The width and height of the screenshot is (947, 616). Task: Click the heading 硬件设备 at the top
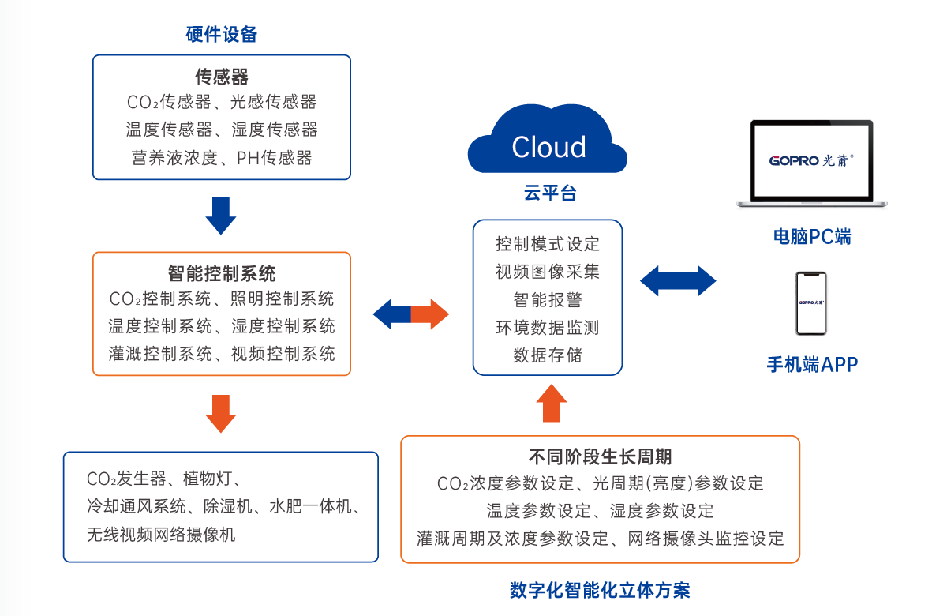(x=222, y=34)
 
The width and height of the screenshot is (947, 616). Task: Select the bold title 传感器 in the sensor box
(x=222, y=77)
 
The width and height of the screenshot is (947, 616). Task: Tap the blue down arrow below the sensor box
(x=221, y=214)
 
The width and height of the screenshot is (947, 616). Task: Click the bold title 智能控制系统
(x=222, y=274)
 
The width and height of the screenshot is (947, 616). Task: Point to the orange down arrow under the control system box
(x=221, y=412)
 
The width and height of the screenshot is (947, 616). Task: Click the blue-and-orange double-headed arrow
(x=410, y=314)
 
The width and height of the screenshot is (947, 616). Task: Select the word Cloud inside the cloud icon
(x=548, y=148)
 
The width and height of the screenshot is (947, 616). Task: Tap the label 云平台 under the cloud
(x=549, y=193)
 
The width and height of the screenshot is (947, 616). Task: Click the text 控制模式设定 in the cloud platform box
(x=548, y=243)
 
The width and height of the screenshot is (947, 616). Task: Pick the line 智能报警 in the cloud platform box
(x=548, y=299)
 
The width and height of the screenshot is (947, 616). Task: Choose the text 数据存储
(x=548, y=355)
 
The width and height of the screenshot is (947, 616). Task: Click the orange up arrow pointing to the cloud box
(x=551, y=404)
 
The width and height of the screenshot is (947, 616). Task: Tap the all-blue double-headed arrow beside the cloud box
(x=678, y=280)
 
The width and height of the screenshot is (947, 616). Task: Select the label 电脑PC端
(x=812, y=237)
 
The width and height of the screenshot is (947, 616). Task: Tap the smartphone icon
(x=811, y=303)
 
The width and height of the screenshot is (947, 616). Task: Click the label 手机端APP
(x=812, y=364)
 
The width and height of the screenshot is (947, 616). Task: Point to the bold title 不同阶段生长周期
(x=600, y=457)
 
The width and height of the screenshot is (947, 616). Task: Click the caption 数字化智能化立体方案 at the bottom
(x=600, y=590)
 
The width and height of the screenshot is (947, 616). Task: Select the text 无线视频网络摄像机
(x=161, y=535)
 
